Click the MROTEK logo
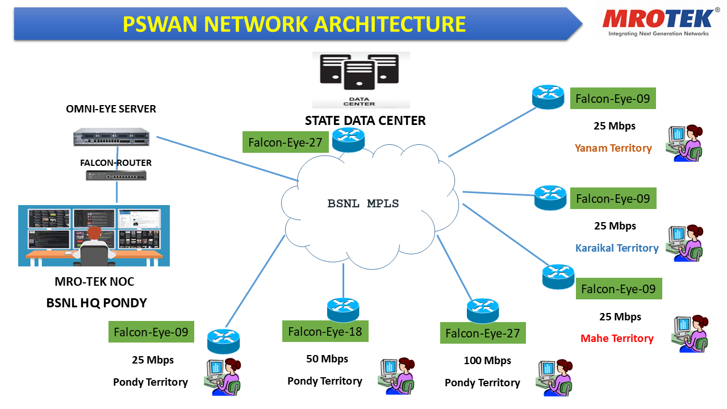pyautogui.click(x=658, y=22)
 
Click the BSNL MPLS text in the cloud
pyautogui.click(x=363, y=203)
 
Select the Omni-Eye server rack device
pyautogui.click(x=111, y=137)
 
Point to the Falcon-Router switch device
pyautogui.click(x=116, y=176)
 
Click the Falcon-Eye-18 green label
pyautogui.click(x=325, y=331)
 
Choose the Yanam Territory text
pyautogui.click(x=613, y=148)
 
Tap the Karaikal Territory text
pyautogui.click(x=617, y=248)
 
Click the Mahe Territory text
pyautogui.click(x=617, y=338)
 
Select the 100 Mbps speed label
pyautogui.click(x=487, y=360)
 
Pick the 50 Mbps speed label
pyautogui.click(x=327, y=358)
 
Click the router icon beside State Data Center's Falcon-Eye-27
pyautogui.click(x=348, y=140)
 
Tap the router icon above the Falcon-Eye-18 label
pyautogui.click(x=343, y=310)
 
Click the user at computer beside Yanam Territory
pyautogui.click(x=684, y=143)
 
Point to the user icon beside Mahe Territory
pyautogui.click(x=690, y=333)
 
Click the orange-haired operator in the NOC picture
pyautogui.click(x=94, y=245)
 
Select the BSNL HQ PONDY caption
pyautogui.click(x=97, y=303)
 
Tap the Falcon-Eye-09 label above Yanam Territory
pyautogui.click(x=613, y=98)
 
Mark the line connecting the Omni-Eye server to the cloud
pyautogui.click(x=228, y=158)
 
